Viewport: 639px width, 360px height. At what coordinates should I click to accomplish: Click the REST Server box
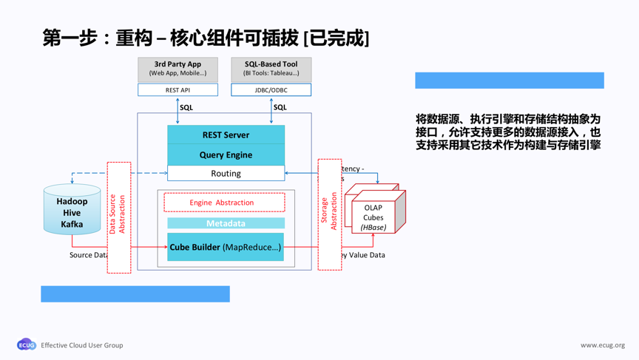[226, 135]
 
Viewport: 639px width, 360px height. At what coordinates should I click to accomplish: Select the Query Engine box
[226, 154]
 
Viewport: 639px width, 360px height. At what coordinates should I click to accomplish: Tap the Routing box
[226, 173]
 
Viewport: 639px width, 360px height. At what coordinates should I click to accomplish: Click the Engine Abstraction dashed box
[224, 203]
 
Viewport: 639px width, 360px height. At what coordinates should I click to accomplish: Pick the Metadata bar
[226, 223]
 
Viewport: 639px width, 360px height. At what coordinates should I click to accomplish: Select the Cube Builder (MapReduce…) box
[226, 247]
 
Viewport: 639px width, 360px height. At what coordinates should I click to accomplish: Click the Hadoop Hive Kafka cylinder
[72, 211]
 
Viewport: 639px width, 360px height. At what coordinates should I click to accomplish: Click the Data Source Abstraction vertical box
[118, 217]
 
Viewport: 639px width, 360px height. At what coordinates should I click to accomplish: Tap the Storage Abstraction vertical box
[329, 214]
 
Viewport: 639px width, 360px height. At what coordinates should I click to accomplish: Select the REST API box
[177, 90]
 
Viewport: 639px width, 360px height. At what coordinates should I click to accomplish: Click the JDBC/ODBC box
[271, 90]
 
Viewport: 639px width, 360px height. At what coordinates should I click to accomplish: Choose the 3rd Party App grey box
[177, 69]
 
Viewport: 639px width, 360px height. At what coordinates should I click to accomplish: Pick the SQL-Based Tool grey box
[271, 69]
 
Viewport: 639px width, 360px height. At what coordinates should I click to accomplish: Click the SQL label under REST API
[186, 107]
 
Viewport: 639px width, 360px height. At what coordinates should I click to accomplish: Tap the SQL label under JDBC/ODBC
[280, 107]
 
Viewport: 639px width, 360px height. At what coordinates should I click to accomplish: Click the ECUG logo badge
[27, 344]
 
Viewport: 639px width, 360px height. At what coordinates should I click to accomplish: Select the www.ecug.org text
[602, 345]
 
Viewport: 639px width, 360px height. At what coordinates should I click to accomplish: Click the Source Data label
[88, 255]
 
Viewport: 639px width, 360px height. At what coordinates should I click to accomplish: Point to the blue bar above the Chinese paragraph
[509, 81]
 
